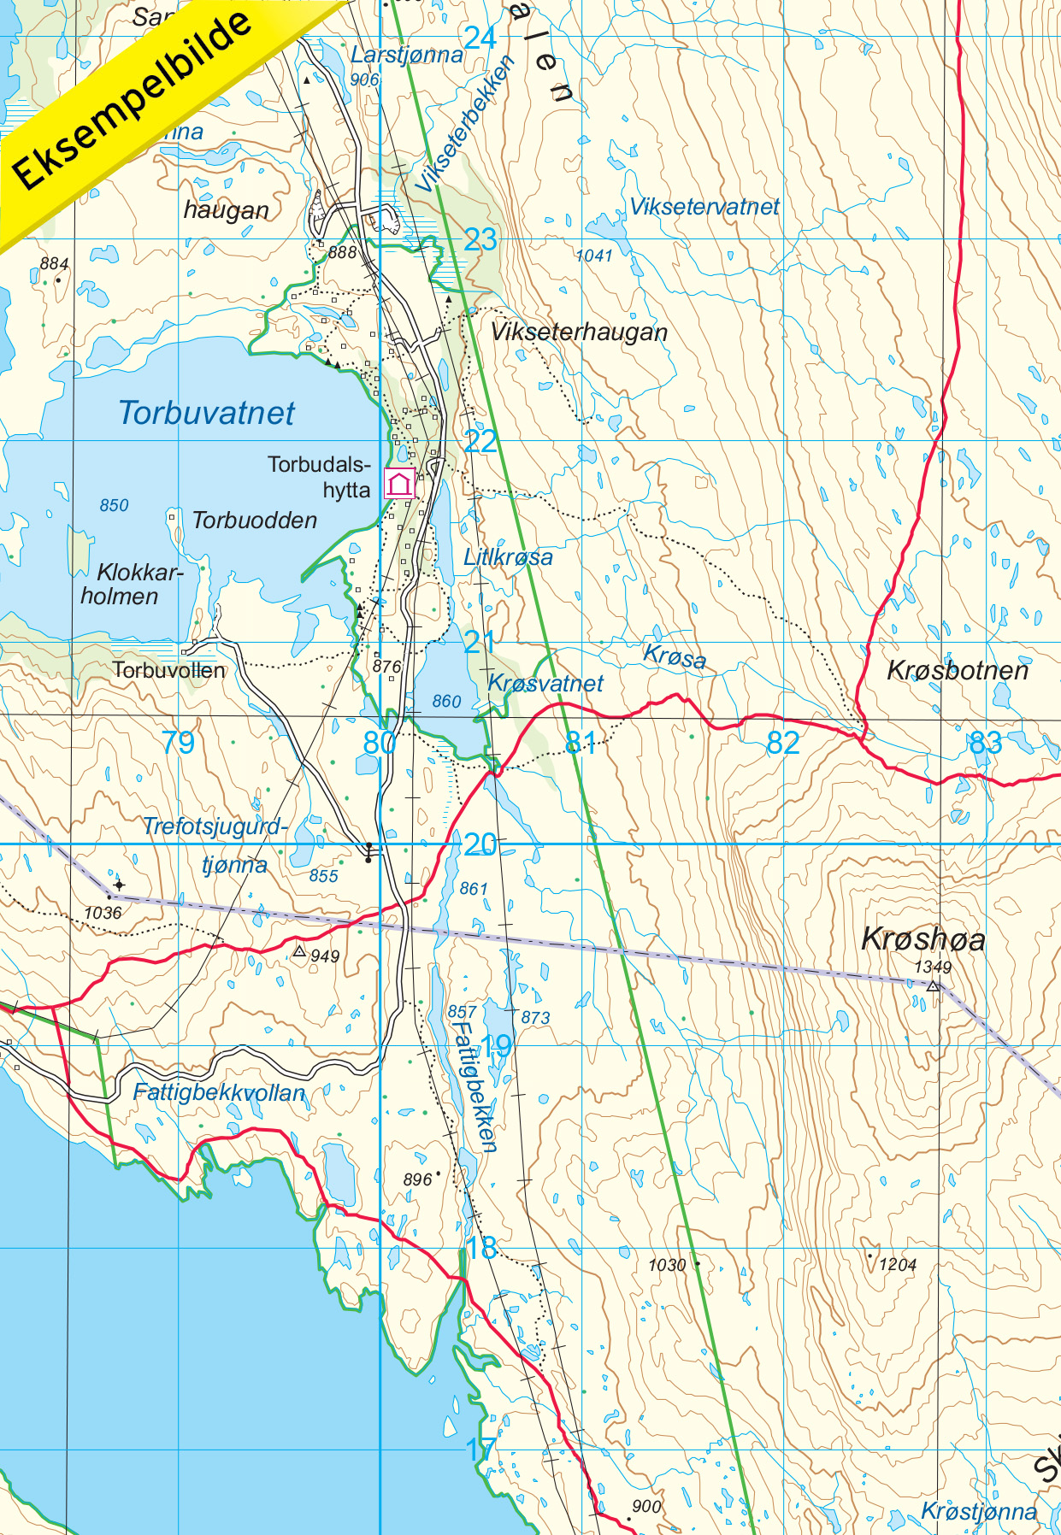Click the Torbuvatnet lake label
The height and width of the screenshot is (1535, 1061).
click(206, 413)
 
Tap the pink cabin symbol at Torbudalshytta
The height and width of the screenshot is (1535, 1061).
click(399, 483)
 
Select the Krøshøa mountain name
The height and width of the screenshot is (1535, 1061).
click(922, 938)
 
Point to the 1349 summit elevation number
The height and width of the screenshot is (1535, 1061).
click(932, 967)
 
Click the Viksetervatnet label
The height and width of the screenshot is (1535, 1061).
click(704, 207)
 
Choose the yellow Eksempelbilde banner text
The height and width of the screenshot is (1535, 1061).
click(133, 101)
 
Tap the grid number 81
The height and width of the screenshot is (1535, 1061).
click(581, 742)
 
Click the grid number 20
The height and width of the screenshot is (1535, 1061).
click(480, 844)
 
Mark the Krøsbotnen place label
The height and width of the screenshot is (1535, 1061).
click(957, 670)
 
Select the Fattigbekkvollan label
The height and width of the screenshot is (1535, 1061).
click(219, 1092)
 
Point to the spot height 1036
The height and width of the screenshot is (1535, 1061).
click(103, 913)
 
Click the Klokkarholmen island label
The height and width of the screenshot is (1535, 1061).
click(128, 584)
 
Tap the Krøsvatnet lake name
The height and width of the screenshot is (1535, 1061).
click(545, 684)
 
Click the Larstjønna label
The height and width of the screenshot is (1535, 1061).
click(406, 56)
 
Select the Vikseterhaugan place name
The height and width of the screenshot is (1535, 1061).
click(579, 332)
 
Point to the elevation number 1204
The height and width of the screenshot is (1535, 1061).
click(897, 1265)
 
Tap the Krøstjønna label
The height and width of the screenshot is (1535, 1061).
click(978, 1511)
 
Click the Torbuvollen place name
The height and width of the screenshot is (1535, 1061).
click(169, 670)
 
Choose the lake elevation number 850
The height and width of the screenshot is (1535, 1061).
click(114, 505)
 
